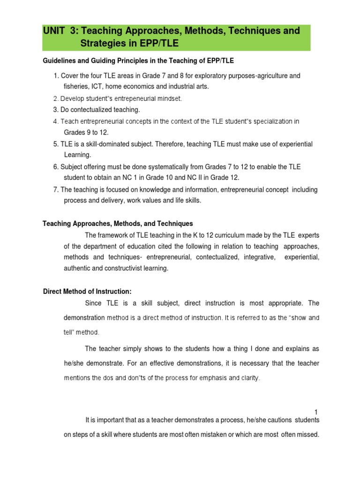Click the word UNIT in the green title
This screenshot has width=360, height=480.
55,31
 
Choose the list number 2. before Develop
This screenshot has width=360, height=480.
56,98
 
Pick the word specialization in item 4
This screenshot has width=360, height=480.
269,121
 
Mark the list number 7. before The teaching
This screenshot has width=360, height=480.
56,189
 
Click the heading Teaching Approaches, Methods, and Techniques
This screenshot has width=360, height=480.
118,224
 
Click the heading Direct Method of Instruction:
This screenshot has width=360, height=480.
84,292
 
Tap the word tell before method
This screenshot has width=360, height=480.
69,332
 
